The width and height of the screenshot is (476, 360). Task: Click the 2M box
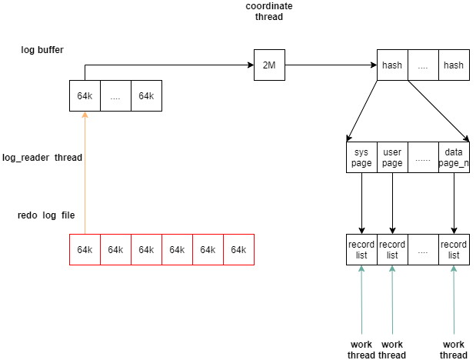pos(269,65)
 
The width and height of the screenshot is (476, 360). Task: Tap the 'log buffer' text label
pos(42,50)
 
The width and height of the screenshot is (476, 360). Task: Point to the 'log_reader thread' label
pos(42,157)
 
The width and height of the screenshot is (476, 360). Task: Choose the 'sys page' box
pos(361,158)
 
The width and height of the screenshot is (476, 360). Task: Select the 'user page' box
pos(392,158)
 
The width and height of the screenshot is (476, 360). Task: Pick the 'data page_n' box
pos(454,158)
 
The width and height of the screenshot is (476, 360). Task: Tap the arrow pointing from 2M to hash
pos(331,65)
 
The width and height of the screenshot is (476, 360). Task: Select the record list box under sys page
pos(361,249)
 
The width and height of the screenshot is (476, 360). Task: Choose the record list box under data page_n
pos(454,249)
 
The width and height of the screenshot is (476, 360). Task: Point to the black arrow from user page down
pos(392,203)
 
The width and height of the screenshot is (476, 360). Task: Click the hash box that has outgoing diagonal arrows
pos(392,65)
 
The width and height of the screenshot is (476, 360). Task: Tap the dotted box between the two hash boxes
pos(423,65)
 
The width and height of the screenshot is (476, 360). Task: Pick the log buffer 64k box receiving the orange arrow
pos(85,96)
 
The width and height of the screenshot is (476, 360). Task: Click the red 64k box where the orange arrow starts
pos(85,249)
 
